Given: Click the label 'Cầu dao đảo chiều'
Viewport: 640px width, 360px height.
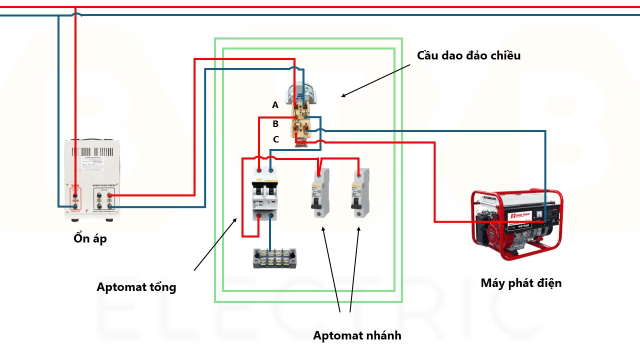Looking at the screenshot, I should (468, 55).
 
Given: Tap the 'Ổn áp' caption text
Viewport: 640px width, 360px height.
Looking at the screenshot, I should (90, 238).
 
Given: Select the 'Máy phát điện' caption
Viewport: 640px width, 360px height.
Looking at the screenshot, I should (521, 283).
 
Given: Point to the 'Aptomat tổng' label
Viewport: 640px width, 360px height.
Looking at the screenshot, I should (136, 287).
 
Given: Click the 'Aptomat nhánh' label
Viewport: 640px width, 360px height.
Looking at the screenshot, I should (357, 335).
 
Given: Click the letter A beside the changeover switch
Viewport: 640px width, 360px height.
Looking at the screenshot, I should (275, 105).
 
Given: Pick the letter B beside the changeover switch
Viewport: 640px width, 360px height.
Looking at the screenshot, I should (275, 124).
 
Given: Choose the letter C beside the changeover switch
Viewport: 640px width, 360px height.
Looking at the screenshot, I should (276, 139).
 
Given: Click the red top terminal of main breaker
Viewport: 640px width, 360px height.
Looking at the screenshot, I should (258, 170).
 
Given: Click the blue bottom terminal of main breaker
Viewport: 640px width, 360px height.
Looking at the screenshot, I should (270, 216).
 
